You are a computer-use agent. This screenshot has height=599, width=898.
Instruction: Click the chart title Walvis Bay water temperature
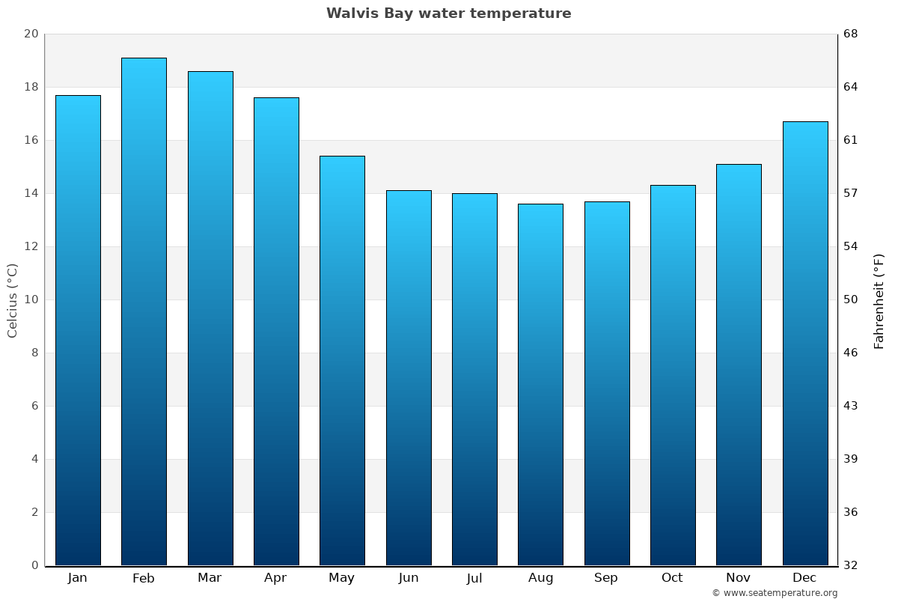coord(448,13)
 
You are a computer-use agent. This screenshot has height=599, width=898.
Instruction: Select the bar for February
coord(144,311)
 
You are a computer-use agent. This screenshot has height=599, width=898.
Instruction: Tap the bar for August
coord(540,384)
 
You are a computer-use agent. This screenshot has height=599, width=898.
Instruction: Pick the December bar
coord(805,343)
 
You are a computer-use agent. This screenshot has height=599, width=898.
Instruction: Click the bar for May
coord(342,360)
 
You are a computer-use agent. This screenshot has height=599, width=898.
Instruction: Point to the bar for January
coord(78,330)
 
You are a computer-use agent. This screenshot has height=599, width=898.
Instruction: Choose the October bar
coord(673,375)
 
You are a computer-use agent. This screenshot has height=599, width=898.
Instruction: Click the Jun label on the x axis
coord(409,578)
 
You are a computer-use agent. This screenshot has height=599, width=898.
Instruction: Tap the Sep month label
coord(606,578)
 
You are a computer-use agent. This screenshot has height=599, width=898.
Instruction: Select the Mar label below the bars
coord(210,578)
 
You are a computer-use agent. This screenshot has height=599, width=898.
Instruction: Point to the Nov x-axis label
coord(739,578)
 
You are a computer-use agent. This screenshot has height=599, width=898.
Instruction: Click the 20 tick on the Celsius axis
coord(31,34)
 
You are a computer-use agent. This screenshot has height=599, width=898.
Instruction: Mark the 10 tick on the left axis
coord(31,299)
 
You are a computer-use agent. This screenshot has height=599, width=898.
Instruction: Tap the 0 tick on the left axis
coord(34,565)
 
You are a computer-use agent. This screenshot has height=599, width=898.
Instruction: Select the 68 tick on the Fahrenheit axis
coord(851,34)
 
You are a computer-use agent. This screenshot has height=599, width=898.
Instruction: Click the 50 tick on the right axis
coord(851,299)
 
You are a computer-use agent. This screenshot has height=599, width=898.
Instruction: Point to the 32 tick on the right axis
coord(851,565)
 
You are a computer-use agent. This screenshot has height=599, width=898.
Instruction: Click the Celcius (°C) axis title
coord(13,300)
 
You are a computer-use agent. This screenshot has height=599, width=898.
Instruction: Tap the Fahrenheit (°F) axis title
coord(879,300)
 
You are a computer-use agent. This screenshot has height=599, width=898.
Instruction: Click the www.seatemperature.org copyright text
coord(775,593)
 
